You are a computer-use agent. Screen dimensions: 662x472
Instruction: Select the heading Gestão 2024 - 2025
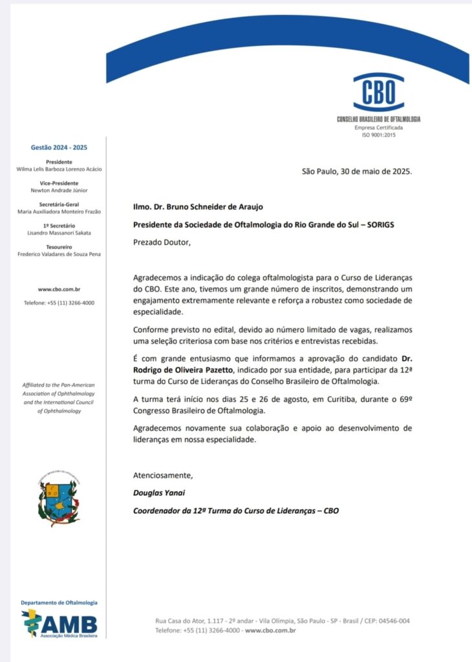coord(59,147)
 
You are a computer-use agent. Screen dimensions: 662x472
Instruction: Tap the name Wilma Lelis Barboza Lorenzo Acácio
coord(59,169)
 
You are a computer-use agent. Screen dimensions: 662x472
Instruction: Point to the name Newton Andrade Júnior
coord(59,190)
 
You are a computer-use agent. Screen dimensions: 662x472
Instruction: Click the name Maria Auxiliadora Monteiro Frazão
coord(59,211)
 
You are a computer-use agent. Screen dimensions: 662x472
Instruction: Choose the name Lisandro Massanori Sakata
coord(59,232)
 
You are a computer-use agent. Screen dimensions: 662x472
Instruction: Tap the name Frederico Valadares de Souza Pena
coord(59,254)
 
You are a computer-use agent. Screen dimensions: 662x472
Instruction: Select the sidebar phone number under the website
coord(59,303)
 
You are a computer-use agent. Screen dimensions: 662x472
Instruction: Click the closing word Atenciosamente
coord(162,475)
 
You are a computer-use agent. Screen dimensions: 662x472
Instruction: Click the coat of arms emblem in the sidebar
coord(59,498)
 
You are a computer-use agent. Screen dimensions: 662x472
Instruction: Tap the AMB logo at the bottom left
coord(59,624)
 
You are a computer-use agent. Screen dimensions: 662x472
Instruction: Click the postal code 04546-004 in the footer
coord(389,621)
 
